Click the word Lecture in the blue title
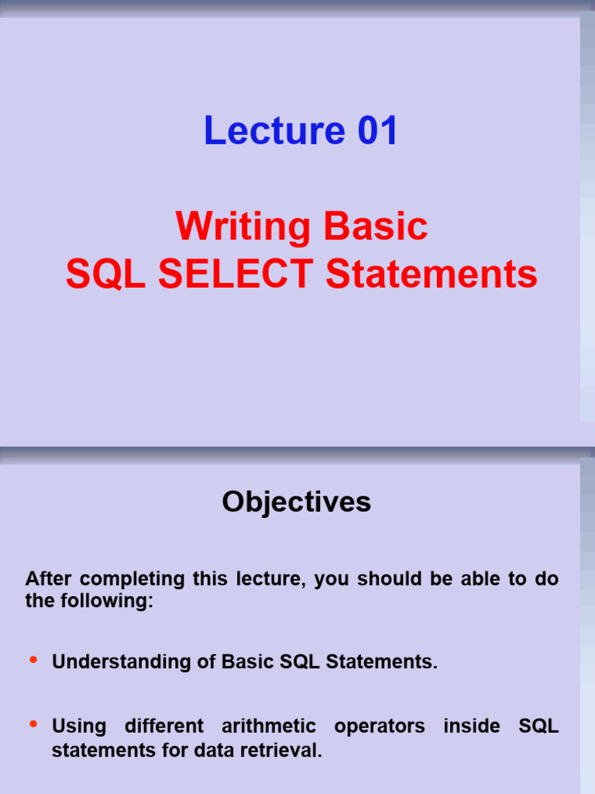click(274, 130)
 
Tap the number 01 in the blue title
click(377, 130)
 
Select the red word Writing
click(242, 227)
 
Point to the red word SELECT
click(236, 274)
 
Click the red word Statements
click(431, 274)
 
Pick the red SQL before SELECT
click(105, 274)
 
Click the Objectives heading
click(297, 502)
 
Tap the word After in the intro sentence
click(48, 578)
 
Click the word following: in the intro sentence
click(107, 602)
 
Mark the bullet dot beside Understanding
click(33, 659)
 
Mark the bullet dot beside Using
click(33, 723)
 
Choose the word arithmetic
click(269, 726)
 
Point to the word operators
click(380, 727)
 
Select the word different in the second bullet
click(164, 726)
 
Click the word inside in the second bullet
click(472, 726)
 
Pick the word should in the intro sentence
click(390, 578)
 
